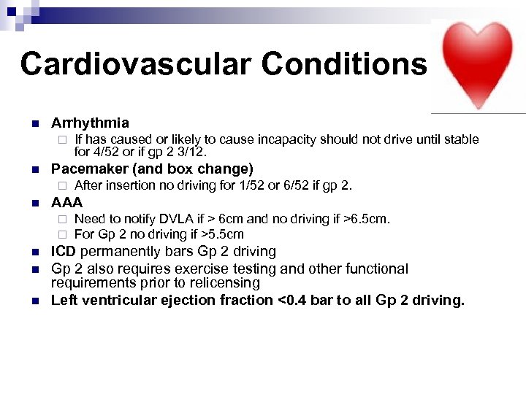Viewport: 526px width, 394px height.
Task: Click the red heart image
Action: point(479,64)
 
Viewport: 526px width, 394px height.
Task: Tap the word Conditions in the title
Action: point(344,63)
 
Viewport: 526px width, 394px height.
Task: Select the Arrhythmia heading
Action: point(90,123)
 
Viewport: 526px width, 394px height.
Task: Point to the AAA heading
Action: point(66,202)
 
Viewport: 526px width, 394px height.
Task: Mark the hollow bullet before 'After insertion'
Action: point(63,186)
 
